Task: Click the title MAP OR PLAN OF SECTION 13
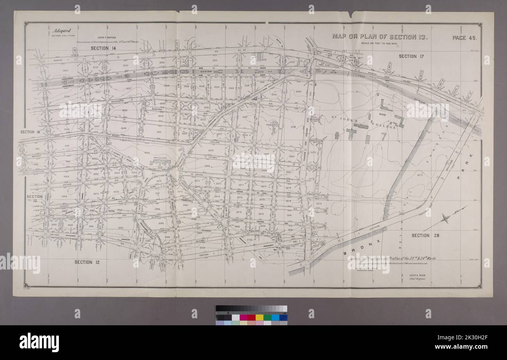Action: coord(380,37)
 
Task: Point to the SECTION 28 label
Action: coord(426,236)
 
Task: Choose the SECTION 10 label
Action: coord(35,199)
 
